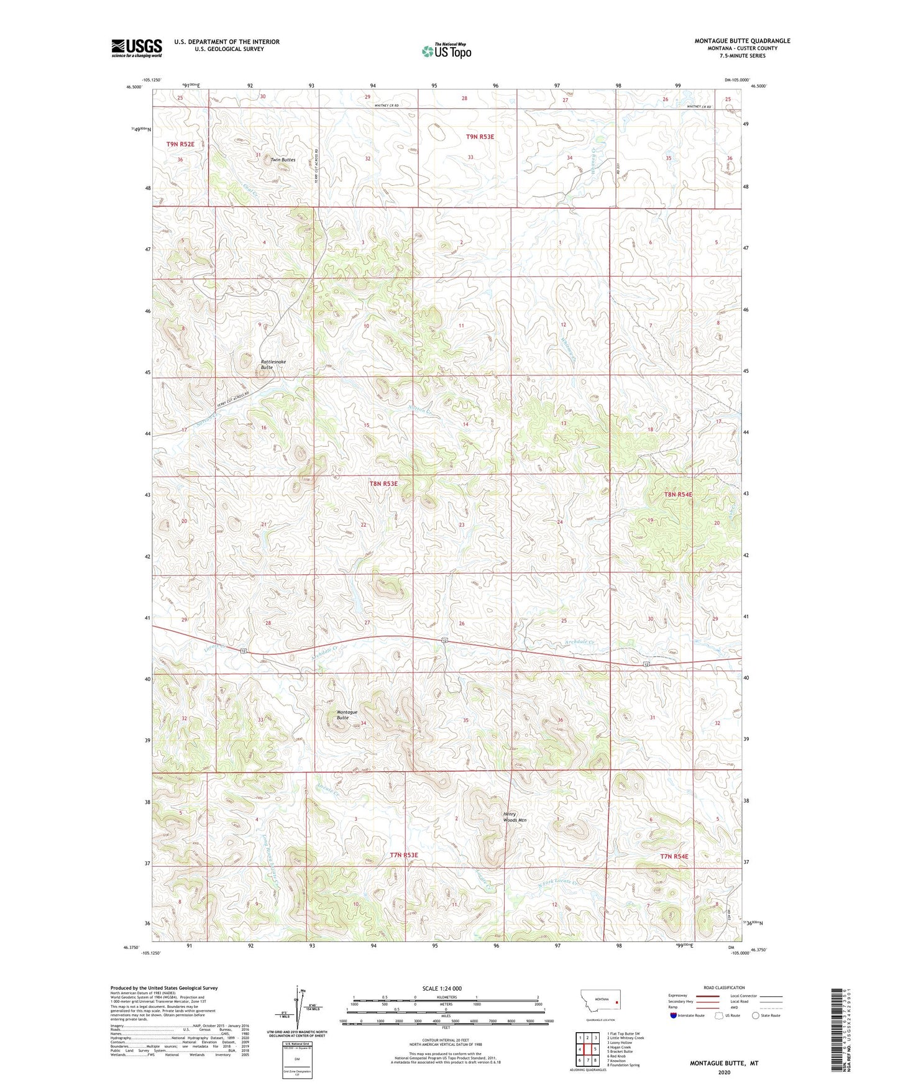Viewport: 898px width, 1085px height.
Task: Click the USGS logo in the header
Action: [136, 48]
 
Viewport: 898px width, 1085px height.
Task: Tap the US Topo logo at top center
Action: [446, 51]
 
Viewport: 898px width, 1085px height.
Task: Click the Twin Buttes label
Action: [283, 160]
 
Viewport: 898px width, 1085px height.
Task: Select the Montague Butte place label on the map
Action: [347, 715]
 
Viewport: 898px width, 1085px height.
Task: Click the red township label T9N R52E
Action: [180, 144]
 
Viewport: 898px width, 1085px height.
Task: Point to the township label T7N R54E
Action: [674, 856]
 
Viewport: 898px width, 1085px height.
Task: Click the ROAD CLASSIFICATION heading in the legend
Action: [724, 987]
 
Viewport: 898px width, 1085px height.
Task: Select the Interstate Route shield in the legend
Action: [675, 1015]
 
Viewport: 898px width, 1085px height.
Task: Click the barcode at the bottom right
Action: [837, 1032]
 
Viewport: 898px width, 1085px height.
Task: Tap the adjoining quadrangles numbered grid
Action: [587, 1049]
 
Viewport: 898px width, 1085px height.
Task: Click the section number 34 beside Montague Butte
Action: [363, 723]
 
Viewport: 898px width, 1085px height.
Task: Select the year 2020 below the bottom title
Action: [724, 1072]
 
